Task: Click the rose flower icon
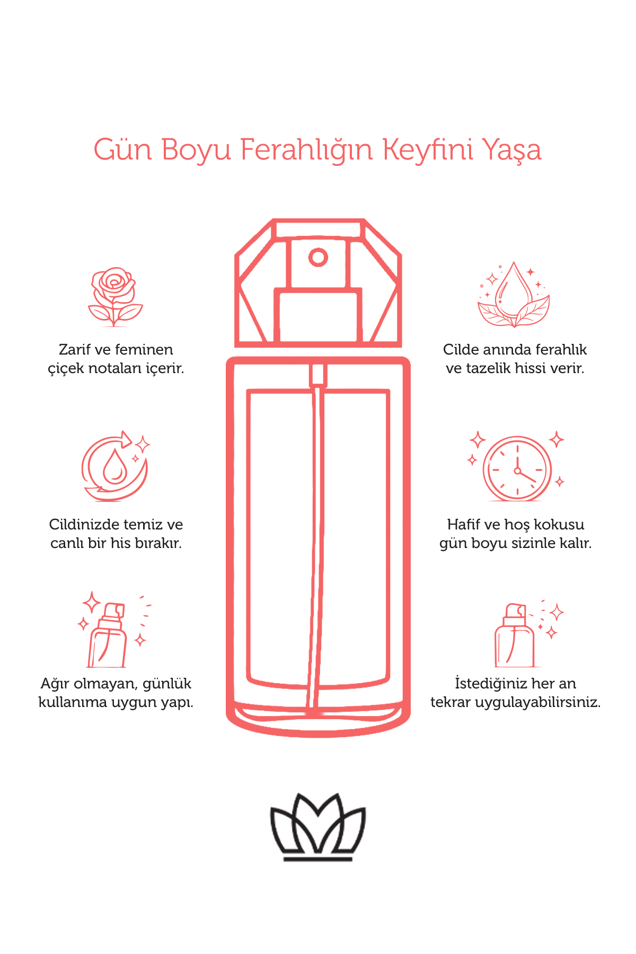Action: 115,296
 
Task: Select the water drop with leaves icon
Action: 513,294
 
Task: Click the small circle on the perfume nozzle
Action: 318,258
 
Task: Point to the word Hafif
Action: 463,525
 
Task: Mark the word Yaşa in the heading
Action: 512,151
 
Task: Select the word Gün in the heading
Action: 122,149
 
